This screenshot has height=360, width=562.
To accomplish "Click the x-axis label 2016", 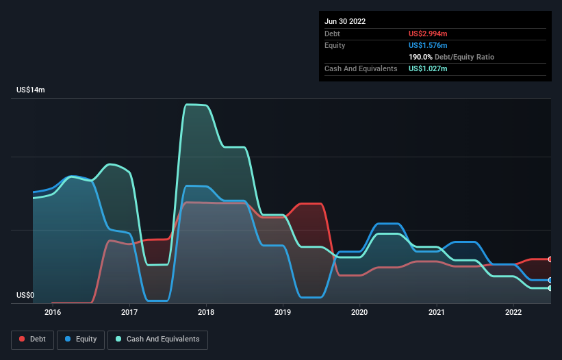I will point(52,313).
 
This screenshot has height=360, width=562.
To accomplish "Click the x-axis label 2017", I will point(129,313).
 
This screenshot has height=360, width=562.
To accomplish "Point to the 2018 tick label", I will point(206,313).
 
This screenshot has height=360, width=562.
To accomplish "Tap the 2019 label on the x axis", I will point(283,313).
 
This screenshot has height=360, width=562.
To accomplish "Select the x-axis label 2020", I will point(359,313).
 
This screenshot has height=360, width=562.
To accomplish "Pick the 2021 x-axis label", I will point(436,313).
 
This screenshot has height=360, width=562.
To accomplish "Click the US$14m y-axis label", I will point(31,90).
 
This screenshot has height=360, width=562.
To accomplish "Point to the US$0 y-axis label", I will point(25,295).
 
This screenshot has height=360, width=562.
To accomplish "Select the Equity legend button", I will point(81,339).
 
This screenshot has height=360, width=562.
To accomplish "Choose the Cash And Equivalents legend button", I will point(157,339).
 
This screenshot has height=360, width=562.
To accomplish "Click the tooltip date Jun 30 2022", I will point(345,21).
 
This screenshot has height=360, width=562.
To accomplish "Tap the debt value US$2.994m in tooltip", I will point(428,34).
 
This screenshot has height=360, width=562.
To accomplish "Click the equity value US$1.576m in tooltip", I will point(428,45).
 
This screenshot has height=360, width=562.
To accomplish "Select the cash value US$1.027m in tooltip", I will point(428,68).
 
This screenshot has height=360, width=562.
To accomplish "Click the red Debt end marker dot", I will point(550,259).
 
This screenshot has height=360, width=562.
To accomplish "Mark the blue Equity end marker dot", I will point(550,280).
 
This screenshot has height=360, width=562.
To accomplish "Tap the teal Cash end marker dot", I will point(550,288).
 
